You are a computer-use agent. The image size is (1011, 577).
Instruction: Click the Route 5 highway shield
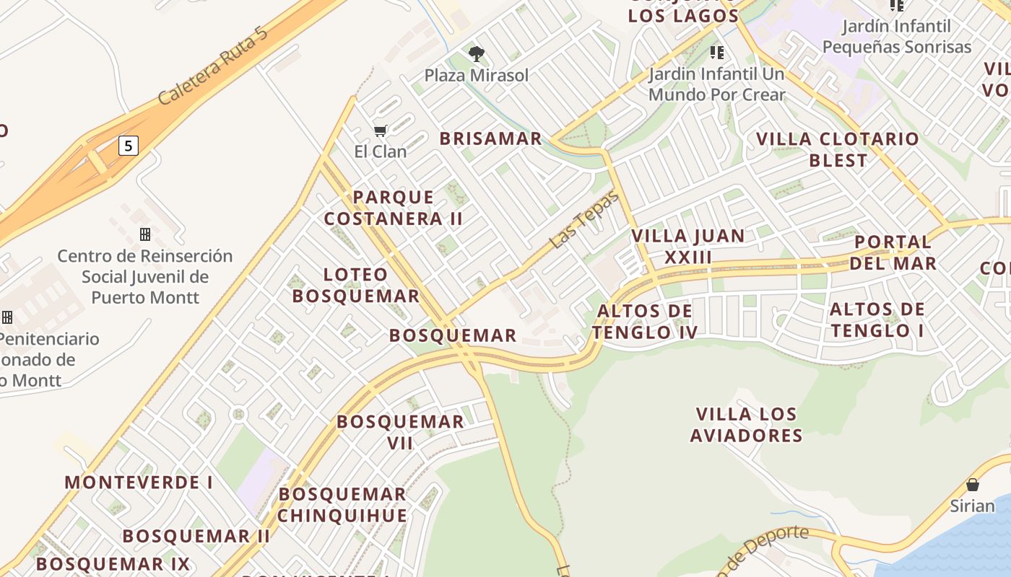click(x=128, y=146)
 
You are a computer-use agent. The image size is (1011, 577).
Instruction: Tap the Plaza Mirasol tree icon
click(x=476, y=53)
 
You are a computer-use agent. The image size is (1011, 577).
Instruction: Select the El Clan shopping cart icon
click(x=380, y=131)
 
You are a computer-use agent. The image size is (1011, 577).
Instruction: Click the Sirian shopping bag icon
click(x=973, y=484)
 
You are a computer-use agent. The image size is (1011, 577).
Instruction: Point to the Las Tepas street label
click(x=584, y=221)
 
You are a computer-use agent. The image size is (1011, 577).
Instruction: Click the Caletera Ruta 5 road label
click(x=217, y=67)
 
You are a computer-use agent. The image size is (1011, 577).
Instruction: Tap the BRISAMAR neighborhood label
click(x=490, y=138)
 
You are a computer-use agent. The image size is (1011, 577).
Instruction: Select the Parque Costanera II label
click(x=393, y=208)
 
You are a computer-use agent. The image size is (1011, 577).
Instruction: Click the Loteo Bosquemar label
click(x=356, y=285)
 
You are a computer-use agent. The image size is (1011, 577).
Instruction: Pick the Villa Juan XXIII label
click(x=687, y=246)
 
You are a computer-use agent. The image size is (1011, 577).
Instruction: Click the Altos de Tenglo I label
click(x=877, y=320)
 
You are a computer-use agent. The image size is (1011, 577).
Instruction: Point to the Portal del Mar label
click(x=893, y=252)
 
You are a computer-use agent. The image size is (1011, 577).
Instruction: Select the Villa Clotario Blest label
click(x=838, y=149)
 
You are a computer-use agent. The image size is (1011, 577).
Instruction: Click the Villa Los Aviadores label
click(x=747, y=425)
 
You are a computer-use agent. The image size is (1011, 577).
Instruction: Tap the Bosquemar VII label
click(x=400, y=432)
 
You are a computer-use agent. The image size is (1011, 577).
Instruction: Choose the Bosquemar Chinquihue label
click(x=342, y=505)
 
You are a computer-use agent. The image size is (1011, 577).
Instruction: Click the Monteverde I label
click(x=139, y=482)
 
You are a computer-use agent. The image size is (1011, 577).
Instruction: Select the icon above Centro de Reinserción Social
click(x=145, y=234)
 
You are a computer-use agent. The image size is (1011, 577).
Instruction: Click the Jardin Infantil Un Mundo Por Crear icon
click(x=716, y=52)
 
